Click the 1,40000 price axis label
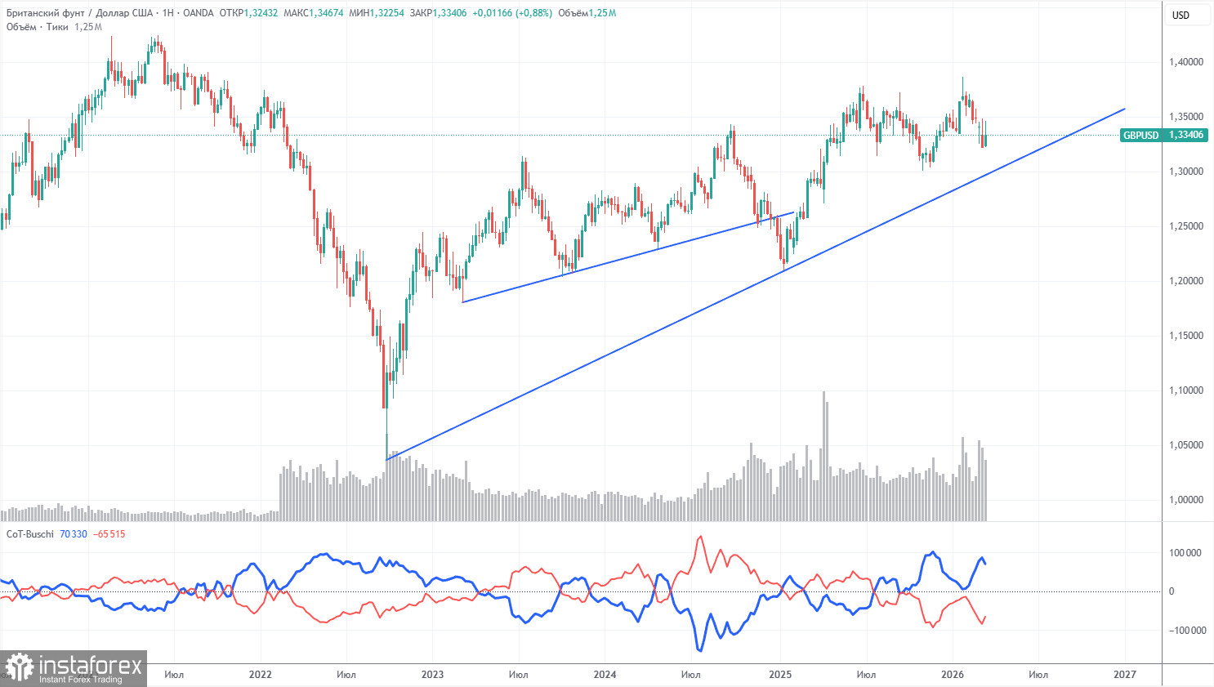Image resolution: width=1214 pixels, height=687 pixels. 1186,62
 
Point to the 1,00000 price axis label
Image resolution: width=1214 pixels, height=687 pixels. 1186,500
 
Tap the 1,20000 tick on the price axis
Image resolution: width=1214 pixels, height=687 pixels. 1186,281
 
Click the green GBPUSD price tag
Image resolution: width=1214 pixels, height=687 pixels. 1163,135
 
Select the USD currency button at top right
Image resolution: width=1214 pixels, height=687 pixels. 1181,15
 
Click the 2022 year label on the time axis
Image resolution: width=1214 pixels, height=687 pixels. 260,675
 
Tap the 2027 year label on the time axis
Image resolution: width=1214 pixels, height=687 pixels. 1125,675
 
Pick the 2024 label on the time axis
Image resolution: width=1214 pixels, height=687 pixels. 605,675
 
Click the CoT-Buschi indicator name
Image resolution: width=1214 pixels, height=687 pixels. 30,534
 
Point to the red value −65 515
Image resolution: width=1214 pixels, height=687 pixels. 109,534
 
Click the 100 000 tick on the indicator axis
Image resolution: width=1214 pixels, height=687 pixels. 1185,553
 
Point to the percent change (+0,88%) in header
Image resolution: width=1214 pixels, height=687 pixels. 533,13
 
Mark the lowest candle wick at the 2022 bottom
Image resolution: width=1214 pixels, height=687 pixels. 386,437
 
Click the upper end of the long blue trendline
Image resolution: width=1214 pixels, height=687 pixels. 1125,109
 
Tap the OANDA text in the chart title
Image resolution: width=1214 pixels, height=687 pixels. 199,13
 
